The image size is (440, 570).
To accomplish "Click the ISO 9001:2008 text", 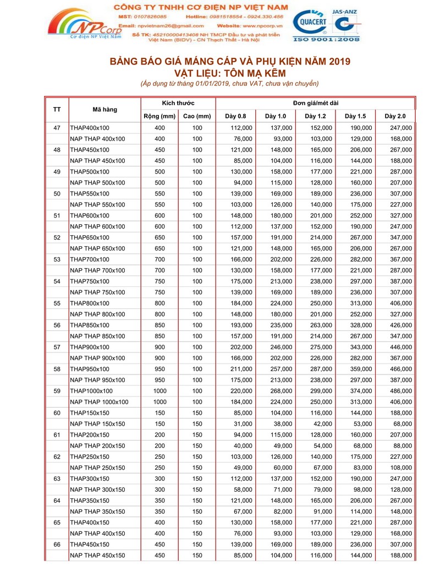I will click(327, 40).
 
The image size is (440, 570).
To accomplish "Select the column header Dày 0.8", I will click(236, 116).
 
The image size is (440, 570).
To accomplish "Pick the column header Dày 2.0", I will click(395, 116).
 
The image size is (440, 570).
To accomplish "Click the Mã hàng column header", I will click(105, 110).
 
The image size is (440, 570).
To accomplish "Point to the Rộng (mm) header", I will click(159, 116).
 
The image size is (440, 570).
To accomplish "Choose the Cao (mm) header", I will click(197, 116).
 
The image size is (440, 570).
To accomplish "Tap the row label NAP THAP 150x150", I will click(97, 424).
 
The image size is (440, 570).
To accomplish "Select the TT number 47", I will click(57, 128).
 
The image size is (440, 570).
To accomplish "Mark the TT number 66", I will click(57, 544).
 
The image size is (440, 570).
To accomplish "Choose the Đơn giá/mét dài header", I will click(315, 104).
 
